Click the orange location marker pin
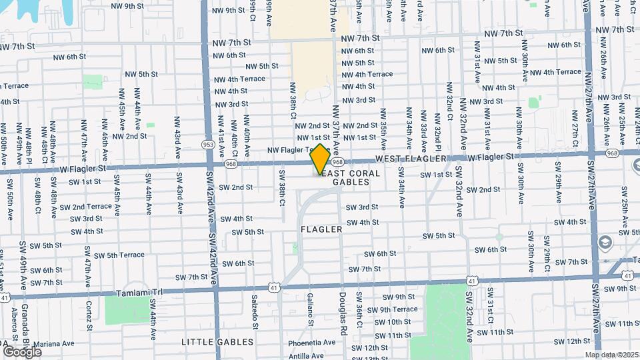[x=320, y=159]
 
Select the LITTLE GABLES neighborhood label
[x=217, y=342]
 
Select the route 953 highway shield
[x=208, y=144]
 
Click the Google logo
[x=22, y=351]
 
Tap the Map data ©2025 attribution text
[x=611, y=355]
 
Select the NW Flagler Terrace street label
[x=291, y=150]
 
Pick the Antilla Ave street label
[x=307, y=356]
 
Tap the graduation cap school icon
[x=605, y=242]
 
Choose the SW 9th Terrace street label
[x=393, y=309]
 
